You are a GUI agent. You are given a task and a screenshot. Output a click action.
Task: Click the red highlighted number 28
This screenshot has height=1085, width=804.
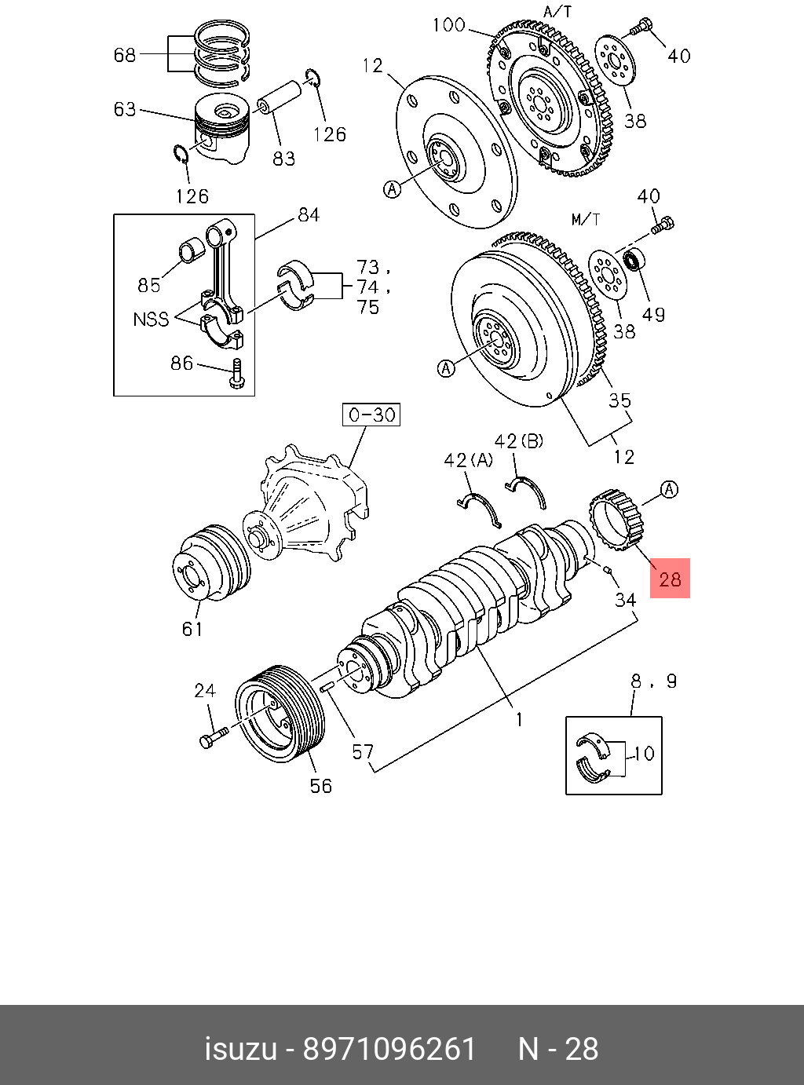coord(670,579)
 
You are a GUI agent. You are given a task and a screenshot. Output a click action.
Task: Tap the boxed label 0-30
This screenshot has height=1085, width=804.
coord(371,415)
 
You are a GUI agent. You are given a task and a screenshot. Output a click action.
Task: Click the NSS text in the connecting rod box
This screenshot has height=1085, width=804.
coord(151,320)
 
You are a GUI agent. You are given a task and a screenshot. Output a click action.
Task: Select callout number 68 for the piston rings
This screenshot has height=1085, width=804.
coord(124,55)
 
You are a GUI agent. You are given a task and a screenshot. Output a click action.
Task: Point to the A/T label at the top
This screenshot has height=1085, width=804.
coord(558,11)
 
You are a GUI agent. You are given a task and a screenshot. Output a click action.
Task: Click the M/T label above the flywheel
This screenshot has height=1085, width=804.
coord(586,220)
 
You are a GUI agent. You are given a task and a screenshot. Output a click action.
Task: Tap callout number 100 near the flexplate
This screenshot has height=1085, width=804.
coord(448,24)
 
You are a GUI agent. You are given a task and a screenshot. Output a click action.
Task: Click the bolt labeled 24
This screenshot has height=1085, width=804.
coord(214,737)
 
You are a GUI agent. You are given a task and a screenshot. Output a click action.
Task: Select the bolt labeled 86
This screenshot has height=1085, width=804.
coord(236,373)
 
